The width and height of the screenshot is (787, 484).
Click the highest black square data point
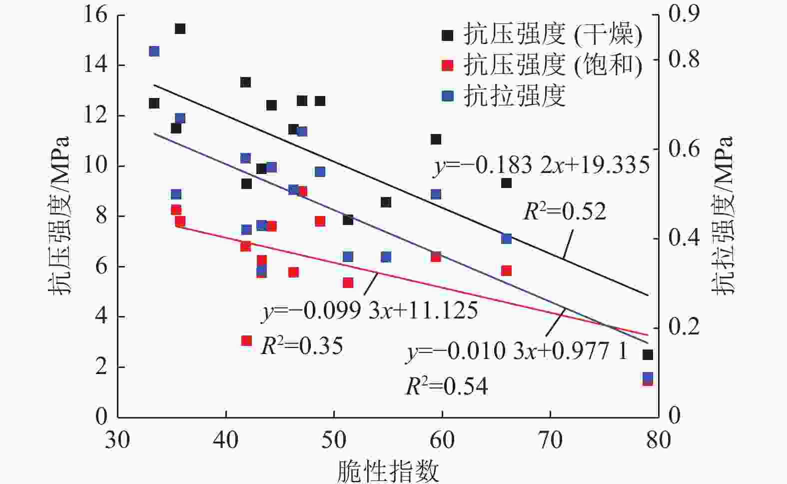tap(180, 29)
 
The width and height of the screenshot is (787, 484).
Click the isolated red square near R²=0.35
tap(246, 340)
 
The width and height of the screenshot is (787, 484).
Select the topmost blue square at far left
tap(154, 51)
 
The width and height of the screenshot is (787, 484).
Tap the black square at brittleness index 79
tap(648, 354)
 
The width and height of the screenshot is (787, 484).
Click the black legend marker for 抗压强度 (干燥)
tap(448, 35)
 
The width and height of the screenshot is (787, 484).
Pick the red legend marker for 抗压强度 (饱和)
tap(448, 65)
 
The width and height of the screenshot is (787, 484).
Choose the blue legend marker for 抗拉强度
tap(448, 95)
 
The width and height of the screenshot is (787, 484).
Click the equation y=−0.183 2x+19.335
tap(542, 165)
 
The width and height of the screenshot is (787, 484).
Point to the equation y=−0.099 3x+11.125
tap(370, 311)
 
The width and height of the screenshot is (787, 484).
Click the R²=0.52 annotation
tap(565, 211)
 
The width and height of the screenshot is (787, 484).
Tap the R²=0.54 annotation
tap(446, 386)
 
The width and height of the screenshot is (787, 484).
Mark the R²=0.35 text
tap(302, 345)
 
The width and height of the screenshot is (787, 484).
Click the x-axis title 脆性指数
tap(388, 471)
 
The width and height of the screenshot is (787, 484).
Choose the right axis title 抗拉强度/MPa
tap(725, 215)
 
